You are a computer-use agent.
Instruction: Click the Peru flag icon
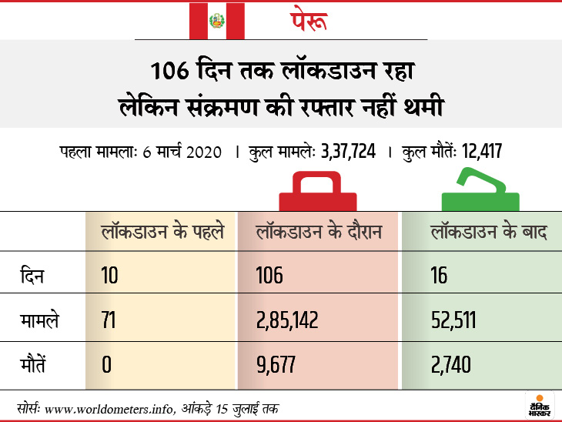point(216,21)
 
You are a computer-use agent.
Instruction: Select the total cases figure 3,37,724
point(348,152)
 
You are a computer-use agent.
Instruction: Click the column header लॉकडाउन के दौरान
point(319,232)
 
